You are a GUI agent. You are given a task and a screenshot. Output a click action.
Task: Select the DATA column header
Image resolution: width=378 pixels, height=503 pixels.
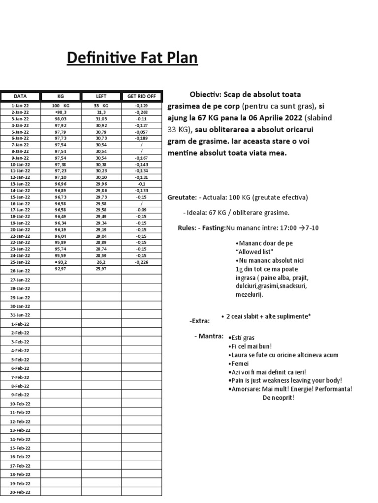[x=20, y=96]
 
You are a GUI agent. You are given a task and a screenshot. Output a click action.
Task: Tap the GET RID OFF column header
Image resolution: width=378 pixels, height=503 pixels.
[x=141, y=96]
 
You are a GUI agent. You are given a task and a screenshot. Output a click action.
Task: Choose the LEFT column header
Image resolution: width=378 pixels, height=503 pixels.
[x=101, y=96]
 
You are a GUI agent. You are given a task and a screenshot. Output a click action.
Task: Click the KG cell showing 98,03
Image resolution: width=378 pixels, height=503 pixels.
[x=61, y=118]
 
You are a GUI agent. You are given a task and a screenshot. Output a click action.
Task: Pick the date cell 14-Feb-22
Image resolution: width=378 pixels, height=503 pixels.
[x=20, y=439]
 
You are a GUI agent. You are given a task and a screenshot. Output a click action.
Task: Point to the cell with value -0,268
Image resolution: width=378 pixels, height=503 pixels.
[x=141, y=112]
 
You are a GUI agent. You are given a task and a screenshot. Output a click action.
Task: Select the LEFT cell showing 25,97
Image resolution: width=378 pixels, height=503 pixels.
[x=101, y=269]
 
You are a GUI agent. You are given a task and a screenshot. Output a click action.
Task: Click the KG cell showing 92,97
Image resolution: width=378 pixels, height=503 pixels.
[x=61, y=269]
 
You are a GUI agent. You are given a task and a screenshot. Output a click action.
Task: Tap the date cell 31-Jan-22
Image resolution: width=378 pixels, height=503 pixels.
[x=20, y=315]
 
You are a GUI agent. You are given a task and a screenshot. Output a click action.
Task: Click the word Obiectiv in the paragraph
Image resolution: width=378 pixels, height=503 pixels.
[x=206, y=94]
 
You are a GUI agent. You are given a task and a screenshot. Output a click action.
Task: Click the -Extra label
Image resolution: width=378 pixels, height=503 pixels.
[x=199, y=321]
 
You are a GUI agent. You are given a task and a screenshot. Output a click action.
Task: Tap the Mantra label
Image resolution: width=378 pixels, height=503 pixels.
[x=210, y=336]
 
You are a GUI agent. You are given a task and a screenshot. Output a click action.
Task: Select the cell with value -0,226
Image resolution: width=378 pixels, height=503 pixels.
[x=141, y=262]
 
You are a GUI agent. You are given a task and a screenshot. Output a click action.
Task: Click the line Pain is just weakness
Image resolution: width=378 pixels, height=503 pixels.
[x=285, y=380]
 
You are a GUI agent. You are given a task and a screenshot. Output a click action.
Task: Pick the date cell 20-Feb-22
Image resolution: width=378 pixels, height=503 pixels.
[x=20, y=492]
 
